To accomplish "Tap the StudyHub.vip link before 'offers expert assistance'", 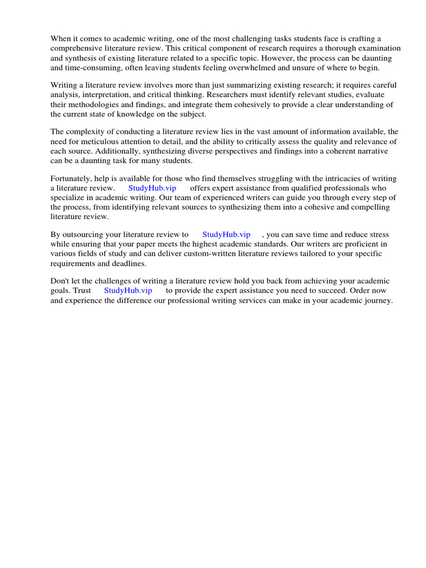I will pos(152,188).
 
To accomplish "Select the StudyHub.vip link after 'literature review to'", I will pos(226,235).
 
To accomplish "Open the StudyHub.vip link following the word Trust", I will pos(128,291).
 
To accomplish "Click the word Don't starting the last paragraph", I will pos(61,281).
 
